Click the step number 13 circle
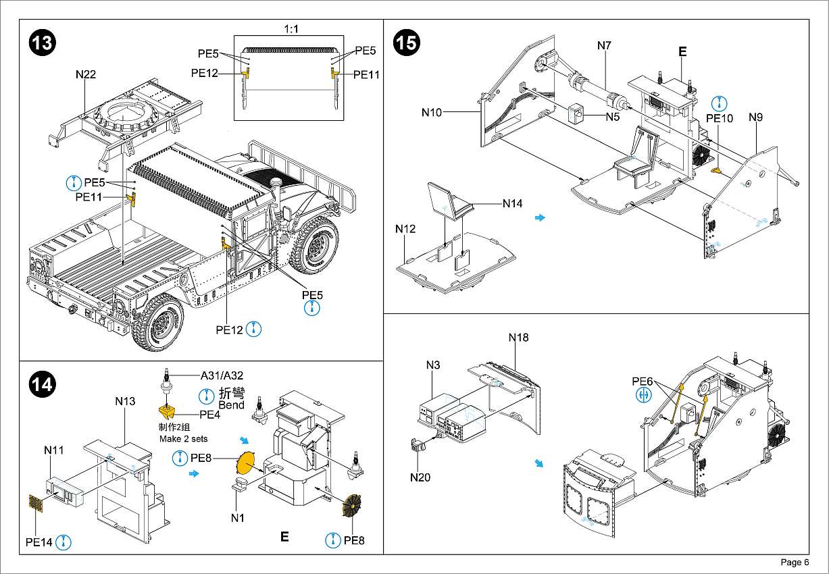coord(42,42)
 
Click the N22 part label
coord(86,75)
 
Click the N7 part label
coord(604,46)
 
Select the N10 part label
coord(432,112)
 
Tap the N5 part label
coord(612,117)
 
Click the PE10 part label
coord(720,118)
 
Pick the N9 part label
coord(755,118)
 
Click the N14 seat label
coord(512,203)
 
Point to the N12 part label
coord(405,229)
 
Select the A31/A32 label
coord(222,376)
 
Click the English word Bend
coord(232,405)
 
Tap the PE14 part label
coord(39,542)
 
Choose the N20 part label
coord(420,477)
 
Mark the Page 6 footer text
coord(795,563)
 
